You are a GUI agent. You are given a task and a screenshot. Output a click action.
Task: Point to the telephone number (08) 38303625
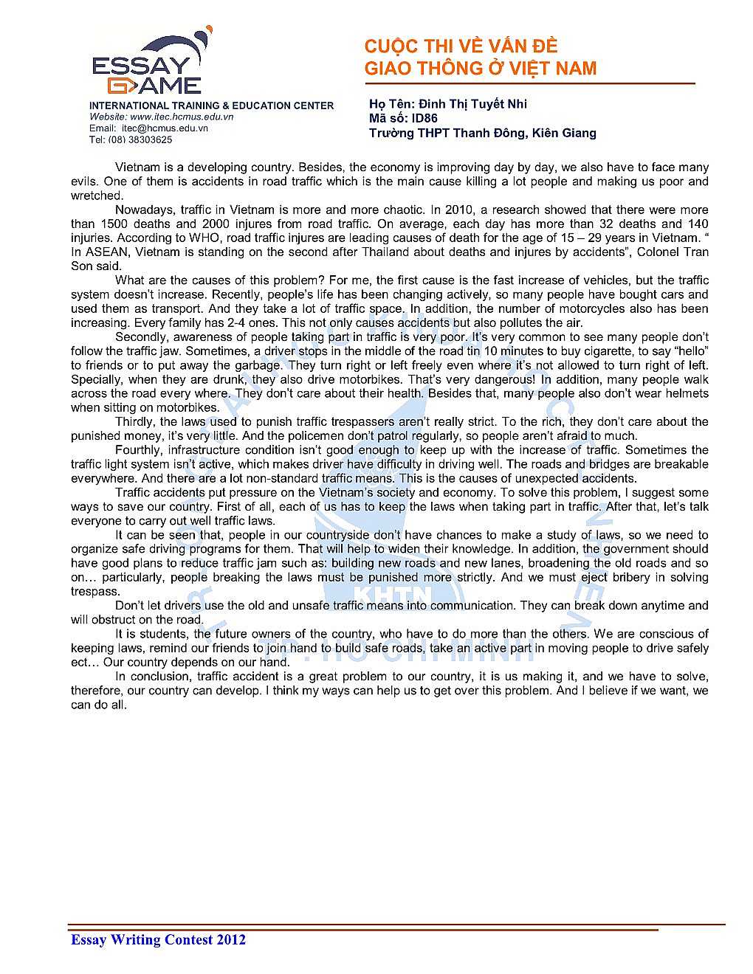pos(140,139)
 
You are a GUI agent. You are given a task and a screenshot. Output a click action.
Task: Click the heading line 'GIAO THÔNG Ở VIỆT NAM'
pos(480,69)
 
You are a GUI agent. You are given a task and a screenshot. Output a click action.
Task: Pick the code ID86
pos(424,118)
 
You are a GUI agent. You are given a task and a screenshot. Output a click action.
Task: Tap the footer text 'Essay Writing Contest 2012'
pos(158,939)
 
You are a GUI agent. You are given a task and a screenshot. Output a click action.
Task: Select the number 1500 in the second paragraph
pos(114,224)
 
